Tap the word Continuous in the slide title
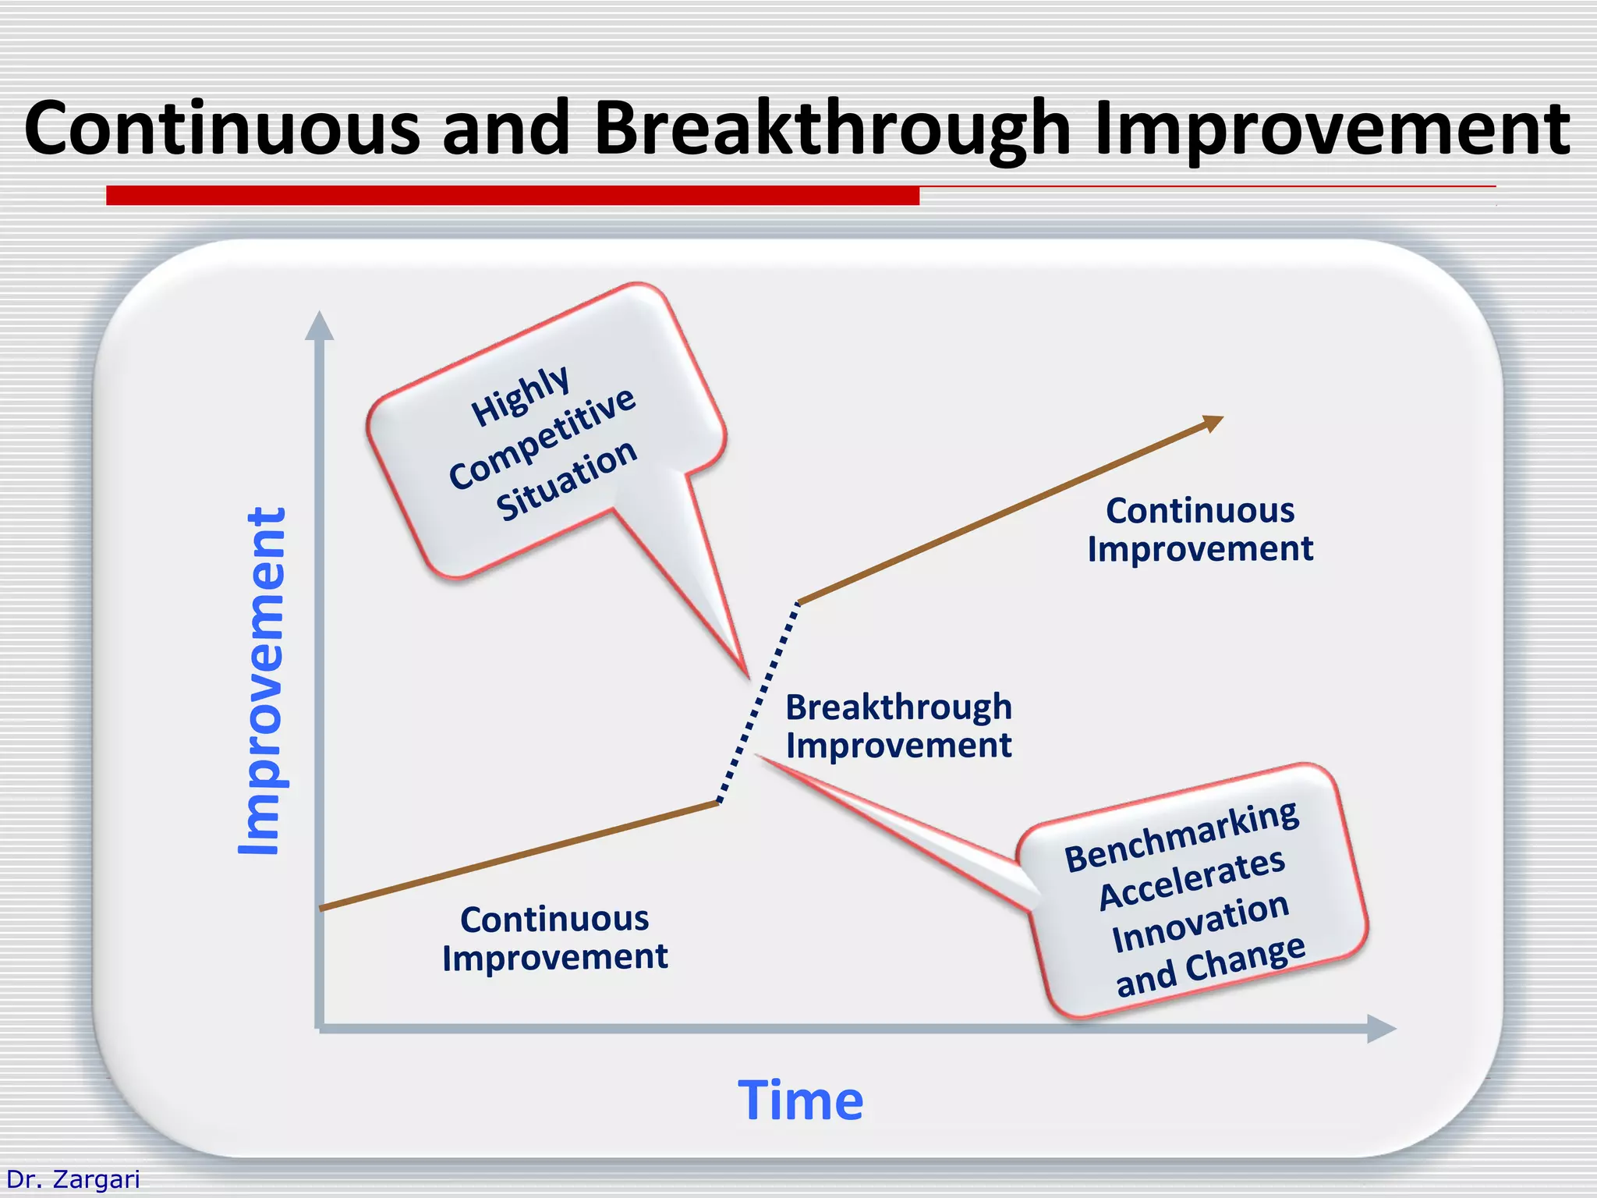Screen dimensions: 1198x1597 [x=222, y=129]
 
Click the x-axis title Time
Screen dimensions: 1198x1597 [x=801, y=1101]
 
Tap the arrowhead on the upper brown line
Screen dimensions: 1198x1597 [x=1213, y=424]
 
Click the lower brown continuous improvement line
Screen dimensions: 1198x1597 [x=519, y=856]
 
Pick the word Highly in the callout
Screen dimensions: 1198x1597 [x=520, y=396]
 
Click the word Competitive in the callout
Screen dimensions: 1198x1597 [x=543, y=438]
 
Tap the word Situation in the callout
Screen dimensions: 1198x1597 [x=567, y=479]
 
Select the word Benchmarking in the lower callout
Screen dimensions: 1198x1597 [x=1181, y=836]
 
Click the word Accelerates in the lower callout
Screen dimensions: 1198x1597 [x=1192, y=880]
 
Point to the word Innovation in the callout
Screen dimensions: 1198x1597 [x=1200, y=923]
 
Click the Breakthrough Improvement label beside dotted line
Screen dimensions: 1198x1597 [x=898, y=726]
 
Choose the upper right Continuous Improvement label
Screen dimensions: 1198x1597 [x=1200, y=530]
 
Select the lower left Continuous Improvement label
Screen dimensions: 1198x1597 [x=554, y=938]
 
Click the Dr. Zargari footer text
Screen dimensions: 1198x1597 [x=73, y=1179]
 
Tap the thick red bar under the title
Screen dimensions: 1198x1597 [x=512, y=195]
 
